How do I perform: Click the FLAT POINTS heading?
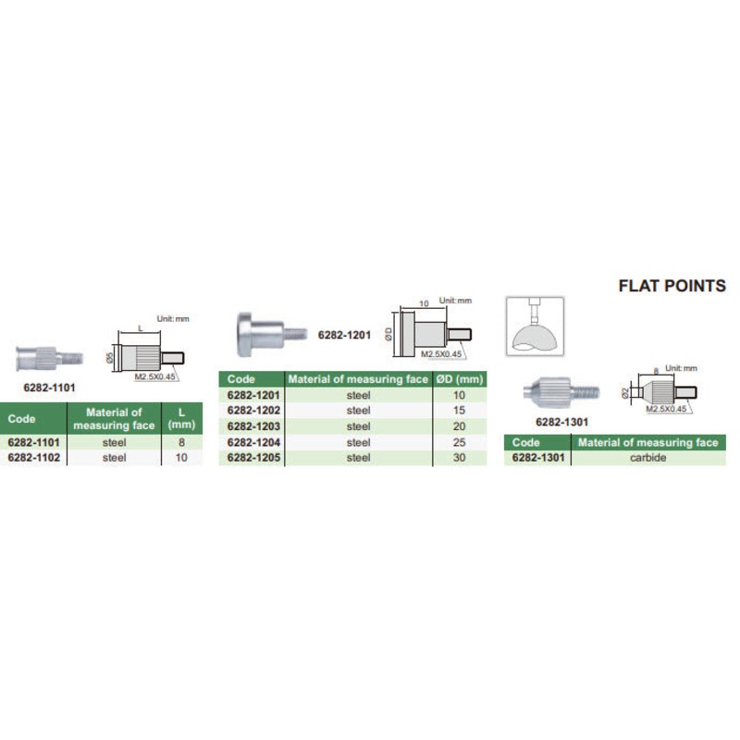pyautogui.click(x=672, y=286)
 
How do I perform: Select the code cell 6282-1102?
pyautogui.click(x=33, y=458)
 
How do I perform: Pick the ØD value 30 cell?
pyautogui.click(x=460, y=458)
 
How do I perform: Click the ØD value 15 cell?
pyautogui.click(x=460, y=411)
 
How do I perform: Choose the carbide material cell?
pyautogui.click(x=647, y=458)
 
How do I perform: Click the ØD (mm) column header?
pyautogui.click(x=460, y=379)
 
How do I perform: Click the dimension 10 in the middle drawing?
pyautogui.click(x=424, y=303)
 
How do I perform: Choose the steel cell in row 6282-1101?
pyautogui.click(x=114, y=442)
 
